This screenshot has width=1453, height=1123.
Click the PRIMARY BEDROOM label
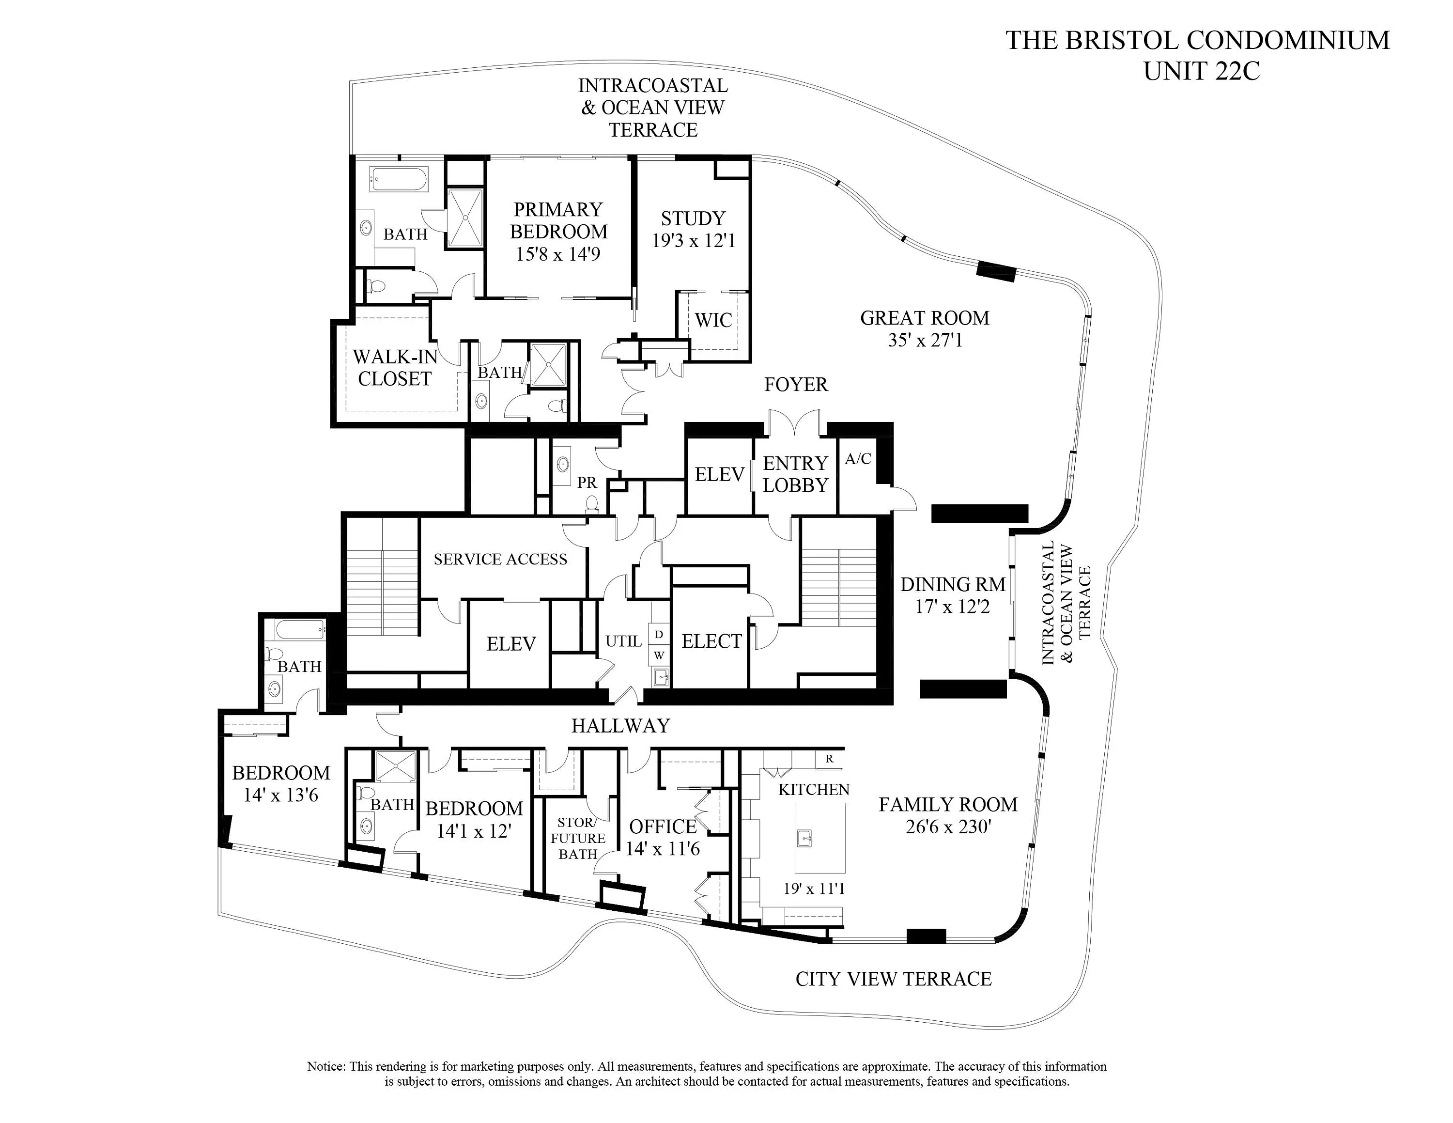coord(558,220)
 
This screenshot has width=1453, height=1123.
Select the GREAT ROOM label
coord(925,318)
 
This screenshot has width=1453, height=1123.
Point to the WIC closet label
coord(713,320)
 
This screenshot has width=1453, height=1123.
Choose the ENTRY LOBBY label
coord(795,474)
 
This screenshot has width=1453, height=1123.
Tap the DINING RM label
coord(953,584)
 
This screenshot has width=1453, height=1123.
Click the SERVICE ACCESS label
coord(500,559)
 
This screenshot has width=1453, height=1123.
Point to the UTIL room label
coord(623,641)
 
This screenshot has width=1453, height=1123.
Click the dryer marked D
coord(659,635)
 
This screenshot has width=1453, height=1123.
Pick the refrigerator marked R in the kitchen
coord(829,758)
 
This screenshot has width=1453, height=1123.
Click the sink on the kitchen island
coord(805,838)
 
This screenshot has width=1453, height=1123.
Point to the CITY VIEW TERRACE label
coord(894,979)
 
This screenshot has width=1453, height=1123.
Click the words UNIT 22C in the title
coord(1202,71)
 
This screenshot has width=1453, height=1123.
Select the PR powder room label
coord(587,483)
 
